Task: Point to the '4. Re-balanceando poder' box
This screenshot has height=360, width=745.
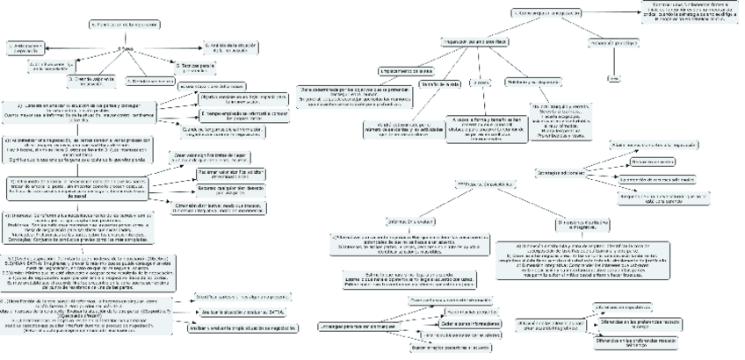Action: pyautogui.click(x=145, y=81)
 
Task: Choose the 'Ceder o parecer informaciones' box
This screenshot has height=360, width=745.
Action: pyautogui.click(x=455, y=323)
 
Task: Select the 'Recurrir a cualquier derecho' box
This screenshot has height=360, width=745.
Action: pyautogui.click(x=220, y=188)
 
